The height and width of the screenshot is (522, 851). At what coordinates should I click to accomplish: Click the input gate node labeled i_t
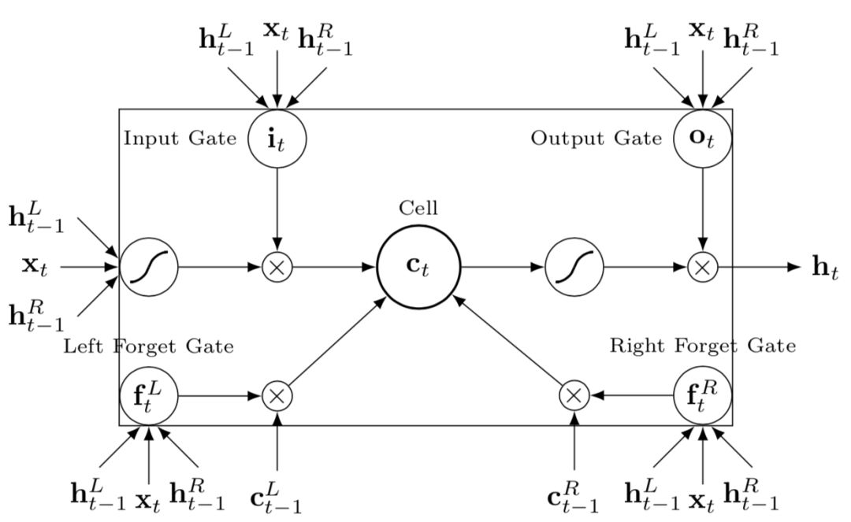pos(277,139)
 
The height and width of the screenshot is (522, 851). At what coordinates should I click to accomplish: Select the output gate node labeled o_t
pos(703,139)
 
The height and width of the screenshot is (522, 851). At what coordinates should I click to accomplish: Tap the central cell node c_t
pos(418,267)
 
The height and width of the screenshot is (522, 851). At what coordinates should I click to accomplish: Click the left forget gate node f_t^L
pos(149,395)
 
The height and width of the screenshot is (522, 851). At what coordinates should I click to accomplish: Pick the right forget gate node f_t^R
pos(703,395)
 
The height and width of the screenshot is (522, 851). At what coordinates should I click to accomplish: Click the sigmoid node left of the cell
pos(149,267)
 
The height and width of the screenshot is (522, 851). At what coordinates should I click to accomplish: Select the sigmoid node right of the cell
pos(574,267)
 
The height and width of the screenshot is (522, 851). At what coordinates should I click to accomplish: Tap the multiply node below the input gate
pos(277,267)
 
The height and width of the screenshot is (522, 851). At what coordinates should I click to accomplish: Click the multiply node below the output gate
pos(703,267)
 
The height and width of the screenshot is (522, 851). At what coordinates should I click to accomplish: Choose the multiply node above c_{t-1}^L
pos(277,395)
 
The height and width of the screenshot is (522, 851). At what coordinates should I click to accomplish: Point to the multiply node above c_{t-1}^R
pos(574,395)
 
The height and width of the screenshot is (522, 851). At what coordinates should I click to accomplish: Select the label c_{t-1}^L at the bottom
pos(276,498)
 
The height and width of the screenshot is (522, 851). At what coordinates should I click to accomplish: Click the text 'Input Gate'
pos(180,139)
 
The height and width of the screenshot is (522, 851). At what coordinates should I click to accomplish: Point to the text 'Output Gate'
pos(596,139)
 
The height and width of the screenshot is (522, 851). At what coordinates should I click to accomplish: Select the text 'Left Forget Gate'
pos(148,346)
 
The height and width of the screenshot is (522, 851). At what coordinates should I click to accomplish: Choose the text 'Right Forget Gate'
pos(703,346)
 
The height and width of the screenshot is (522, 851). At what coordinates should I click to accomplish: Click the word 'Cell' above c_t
pos(418,209)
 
